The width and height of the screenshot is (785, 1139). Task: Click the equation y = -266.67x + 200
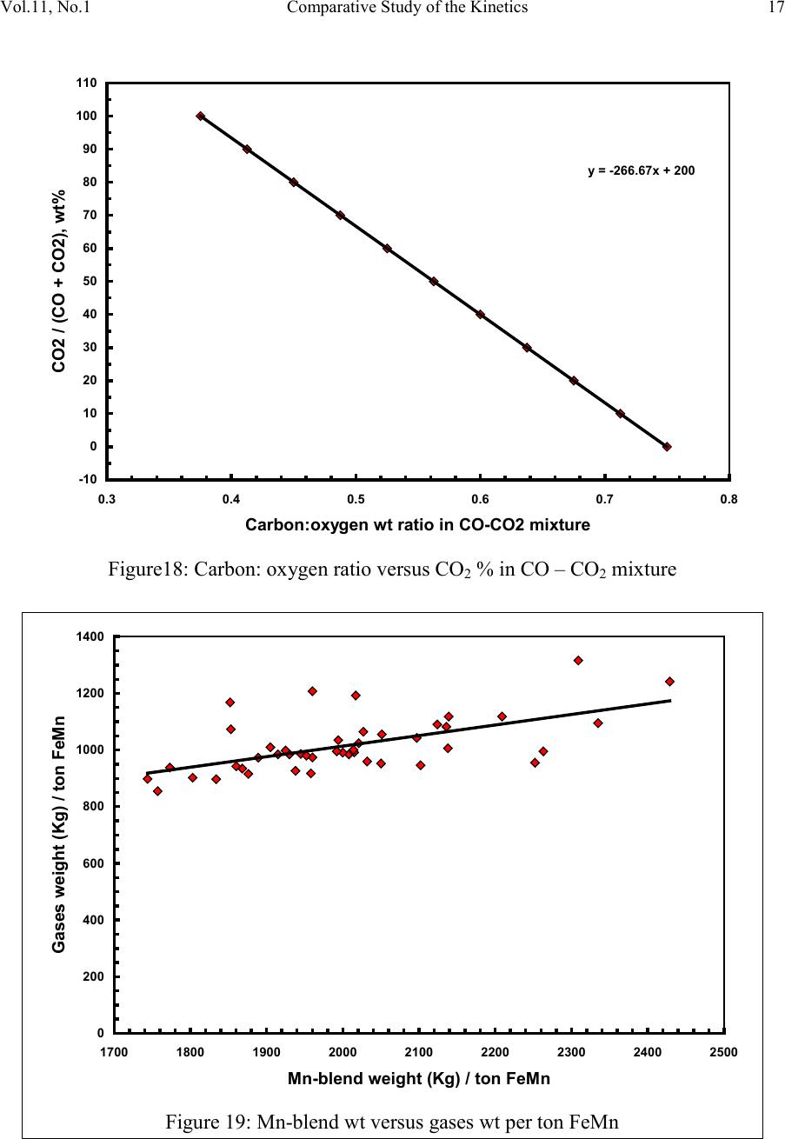coord(641,170)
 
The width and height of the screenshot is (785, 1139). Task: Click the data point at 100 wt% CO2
coord(201,116)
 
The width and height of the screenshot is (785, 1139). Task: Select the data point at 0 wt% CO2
coord(667,447)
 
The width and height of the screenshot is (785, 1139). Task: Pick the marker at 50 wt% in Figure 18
coord(434,282)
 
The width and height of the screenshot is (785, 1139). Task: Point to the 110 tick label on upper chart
coord(86,83)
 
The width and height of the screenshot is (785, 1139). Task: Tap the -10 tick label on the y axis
coord(87,480)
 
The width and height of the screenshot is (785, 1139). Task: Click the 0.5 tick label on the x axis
coord(355,500)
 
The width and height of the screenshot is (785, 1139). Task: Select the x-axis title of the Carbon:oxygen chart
coord(417,525)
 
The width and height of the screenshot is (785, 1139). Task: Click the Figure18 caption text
coord(391,570)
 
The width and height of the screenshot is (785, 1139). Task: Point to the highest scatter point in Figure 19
coord(578,661)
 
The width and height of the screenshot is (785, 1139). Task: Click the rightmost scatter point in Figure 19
coord(669,682)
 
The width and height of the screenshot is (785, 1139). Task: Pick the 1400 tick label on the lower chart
coord(90,637)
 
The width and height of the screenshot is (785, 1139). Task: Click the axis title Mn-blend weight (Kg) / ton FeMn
coord(418,1079)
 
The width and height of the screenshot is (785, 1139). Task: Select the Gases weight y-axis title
coord(59,835)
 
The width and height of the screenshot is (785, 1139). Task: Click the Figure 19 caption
coord(392,1121)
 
